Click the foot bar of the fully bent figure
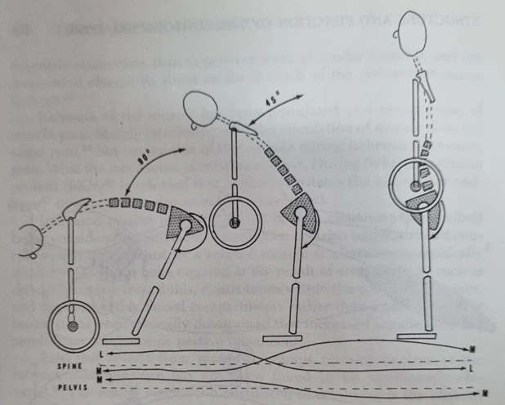click(x=130, y=340)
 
